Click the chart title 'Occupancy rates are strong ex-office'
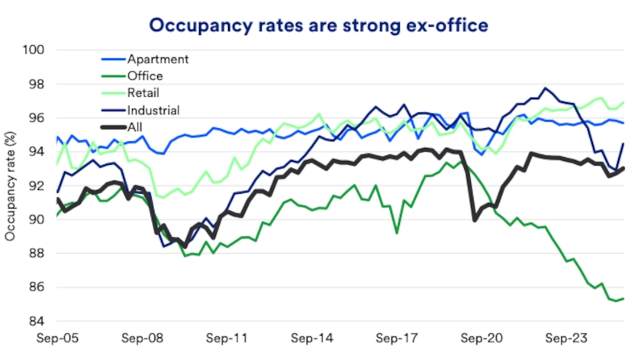point(318,25)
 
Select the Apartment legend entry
point(156,59)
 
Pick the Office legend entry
point(147,76)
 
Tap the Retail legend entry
point(146,92)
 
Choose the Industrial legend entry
point(155,110)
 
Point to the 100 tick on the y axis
point(36,50)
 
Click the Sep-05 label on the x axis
point(57,336)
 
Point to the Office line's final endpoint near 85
point(623,298)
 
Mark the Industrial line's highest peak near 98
point(545,88)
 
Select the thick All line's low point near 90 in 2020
point(475,220)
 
